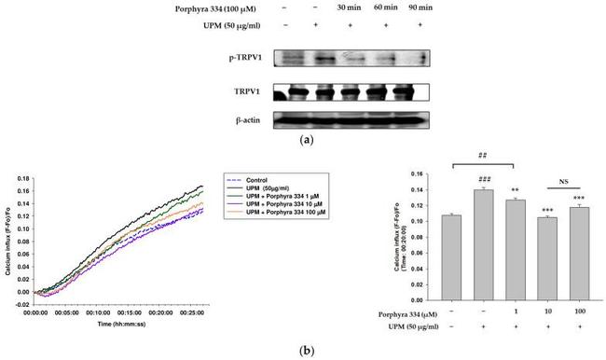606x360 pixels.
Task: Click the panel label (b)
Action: [x=303, y=351]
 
